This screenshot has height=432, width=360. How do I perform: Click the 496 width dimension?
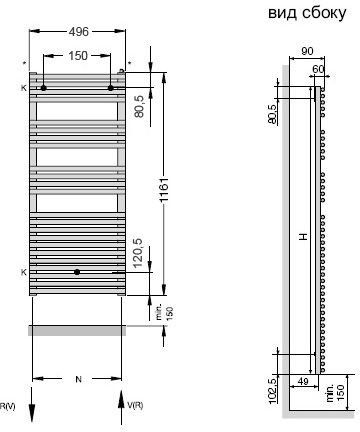pyautogui.click(x=79, y=32)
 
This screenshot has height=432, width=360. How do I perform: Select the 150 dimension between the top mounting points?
pyautogui.click(x=78, y=56)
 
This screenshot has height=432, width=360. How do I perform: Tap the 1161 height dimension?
pyautogui.click(x=164, y=190)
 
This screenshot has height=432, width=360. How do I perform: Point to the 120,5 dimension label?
pyautogui.click(x=137, y=253)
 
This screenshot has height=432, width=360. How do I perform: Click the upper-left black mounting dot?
pyautogui.click(x=43, y=88)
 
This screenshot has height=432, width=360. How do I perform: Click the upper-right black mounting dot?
pyautogui.click(x=111, y=88)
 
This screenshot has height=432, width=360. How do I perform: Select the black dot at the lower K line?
pyautogui.click(x=77, y=272)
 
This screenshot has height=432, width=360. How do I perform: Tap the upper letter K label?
pyautogui.click(x=23, y=88)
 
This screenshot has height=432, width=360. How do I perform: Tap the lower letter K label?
pyautogui.click(x=23, y=272)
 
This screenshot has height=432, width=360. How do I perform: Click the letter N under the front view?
pyautogui.click(x=78, y=379)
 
